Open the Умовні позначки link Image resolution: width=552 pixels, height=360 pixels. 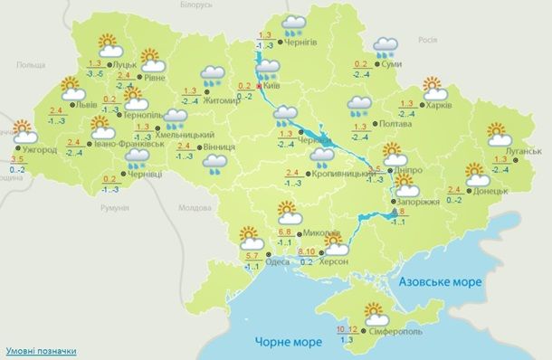click(42, 351)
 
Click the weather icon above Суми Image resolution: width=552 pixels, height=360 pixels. click(386, 48)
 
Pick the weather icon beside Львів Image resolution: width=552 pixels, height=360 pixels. click(71, 90)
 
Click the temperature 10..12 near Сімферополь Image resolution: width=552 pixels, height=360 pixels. click(347, 328)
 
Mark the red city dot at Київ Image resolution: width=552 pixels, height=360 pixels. click(259, 87)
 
